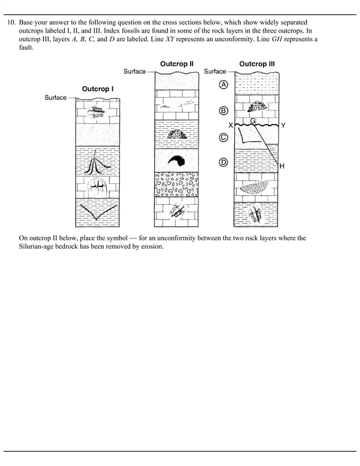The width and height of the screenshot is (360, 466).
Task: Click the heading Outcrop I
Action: point(98,89)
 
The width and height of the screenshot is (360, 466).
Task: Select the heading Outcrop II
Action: point(177,64)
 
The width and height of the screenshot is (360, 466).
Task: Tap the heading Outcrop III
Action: point(257,64)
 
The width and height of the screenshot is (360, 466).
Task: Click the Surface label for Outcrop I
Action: point(55,98)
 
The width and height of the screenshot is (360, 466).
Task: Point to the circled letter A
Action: point(223,85)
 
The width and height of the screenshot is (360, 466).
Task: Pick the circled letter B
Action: point(223,111)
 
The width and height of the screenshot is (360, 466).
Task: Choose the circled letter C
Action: point(223,137)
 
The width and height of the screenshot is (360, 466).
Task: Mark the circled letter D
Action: point(223,162)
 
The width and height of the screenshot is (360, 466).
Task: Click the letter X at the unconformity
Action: point(230,125)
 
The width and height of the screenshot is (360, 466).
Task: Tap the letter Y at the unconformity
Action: point(283,125)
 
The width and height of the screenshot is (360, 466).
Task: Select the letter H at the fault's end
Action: point(282,166)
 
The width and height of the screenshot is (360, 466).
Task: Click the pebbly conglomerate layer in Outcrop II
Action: point(177,184)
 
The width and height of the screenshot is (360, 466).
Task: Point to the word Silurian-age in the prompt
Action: point(38,246)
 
